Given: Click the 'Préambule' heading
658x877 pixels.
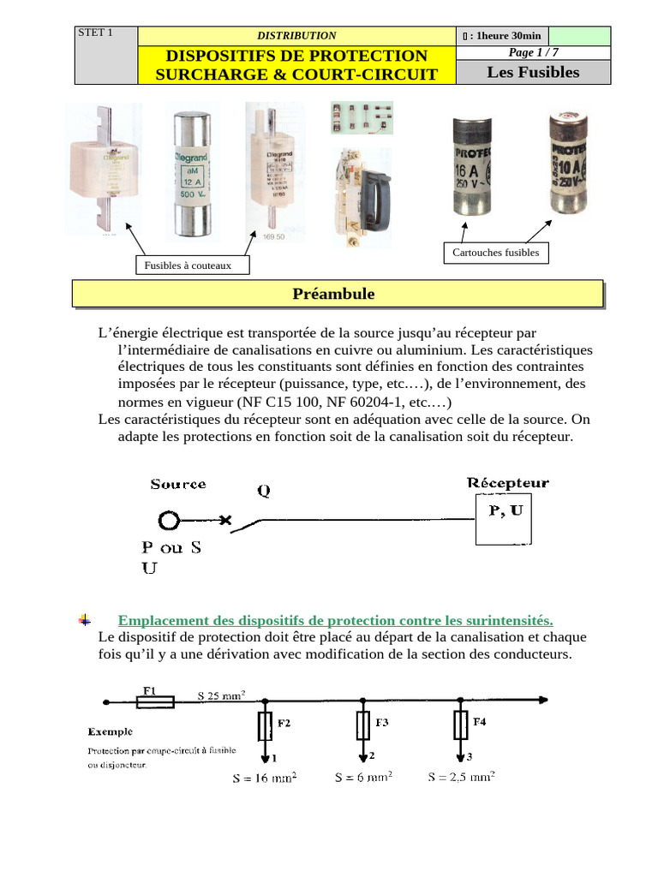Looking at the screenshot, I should [x=333, y=294].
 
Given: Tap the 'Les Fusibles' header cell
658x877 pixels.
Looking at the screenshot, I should [x=533, y=72].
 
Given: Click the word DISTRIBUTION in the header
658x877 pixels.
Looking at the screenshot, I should [x=296, y=35].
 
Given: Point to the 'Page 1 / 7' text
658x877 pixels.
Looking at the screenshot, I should [x=533, y=52].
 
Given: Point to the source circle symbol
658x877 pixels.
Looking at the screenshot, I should [x=169, y=520].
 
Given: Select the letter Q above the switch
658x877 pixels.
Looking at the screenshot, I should [x=264, y=492].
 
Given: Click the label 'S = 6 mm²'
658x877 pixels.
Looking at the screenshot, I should [x=363, y=778].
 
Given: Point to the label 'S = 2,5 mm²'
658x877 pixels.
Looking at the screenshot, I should [x=461, y=778].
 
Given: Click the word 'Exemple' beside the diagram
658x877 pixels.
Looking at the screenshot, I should [x=110, y=732].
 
